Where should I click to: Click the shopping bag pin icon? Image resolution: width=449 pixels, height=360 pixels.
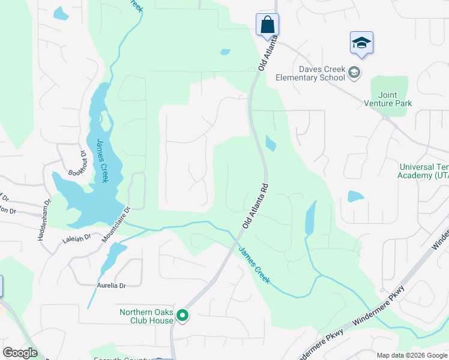268,25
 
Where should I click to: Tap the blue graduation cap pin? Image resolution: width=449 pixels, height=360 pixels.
361,43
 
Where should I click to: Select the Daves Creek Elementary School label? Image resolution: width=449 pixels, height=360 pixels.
310,73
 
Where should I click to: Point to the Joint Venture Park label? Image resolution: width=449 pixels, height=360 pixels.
388,99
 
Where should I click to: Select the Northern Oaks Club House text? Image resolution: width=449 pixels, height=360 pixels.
146,316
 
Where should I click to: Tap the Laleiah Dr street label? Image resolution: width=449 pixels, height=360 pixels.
76,238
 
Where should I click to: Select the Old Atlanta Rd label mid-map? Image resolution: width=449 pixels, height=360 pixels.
255,206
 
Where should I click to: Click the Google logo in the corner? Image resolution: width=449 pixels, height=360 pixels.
20,353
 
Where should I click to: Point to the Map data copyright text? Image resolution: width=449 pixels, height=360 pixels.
412,355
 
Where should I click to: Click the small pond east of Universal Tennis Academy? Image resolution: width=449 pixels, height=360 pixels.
355,196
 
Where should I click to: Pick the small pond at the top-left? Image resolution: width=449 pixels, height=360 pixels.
61,13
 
